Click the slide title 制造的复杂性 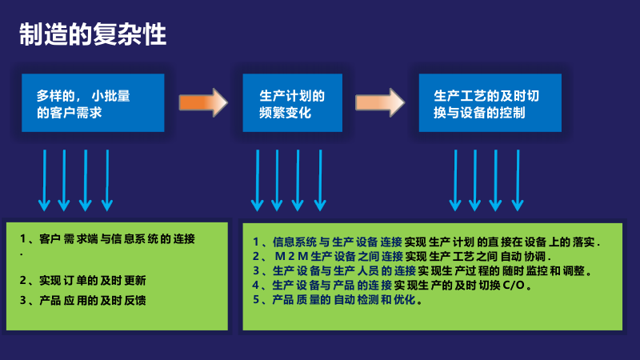pos(93,35)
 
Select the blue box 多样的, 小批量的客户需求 pos(93,103)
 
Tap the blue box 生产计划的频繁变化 pos(293,103)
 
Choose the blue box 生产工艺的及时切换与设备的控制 pos(490,103)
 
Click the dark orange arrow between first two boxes pos(202,103)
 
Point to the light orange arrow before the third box pos(380,103)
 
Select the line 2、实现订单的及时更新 pos(84,280)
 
